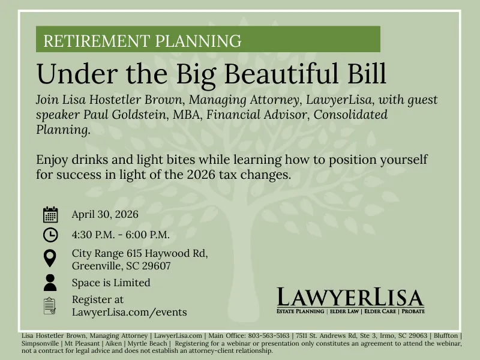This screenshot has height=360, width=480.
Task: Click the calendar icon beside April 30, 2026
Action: click(50, 214)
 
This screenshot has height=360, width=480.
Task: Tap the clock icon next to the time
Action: click(50, 235)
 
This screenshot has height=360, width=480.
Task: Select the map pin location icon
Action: click(50, 258)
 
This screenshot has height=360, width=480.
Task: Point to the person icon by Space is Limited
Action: click(50, 283)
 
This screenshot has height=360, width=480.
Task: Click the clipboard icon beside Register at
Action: click(50, 306)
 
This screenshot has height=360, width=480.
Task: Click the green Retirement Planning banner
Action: click(208, 39)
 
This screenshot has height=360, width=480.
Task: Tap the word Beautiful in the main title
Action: click(281, 73)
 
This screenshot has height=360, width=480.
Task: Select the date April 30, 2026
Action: click(105, 214)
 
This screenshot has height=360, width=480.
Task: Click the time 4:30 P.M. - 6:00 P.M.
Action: click(121, 235)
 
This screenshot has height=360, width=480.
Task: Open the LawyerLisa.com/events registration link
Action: click(130, 312)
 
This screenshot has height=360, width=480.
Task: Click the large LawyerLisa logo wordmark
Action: click(350, 297)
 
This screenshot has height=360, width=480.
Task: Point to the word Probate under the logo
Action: click(413, 311)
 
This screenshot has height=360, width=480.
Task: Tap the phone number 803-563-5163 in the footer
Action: click(268, 335)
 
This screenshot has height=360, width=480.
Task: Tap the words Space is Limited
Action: click(111, 283)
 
